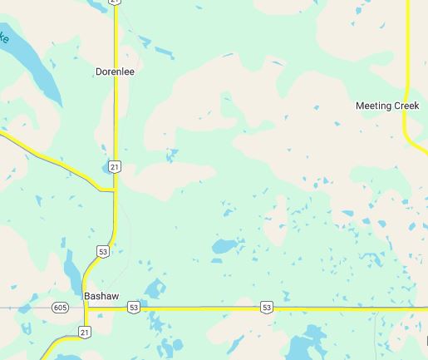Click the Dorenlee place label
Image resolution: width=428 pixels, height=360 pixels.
click(115, 72)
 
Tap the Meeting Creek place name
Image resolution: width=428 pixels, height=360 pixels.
click(386, 106)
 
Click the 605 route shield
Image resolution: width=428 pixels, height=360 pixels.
click(59, 308)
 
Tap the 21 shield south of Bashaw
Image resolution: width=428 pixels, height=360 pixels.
click(84, 332)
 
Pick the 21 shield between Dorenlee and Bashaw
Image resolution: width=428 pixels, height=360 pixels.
click(115, 167)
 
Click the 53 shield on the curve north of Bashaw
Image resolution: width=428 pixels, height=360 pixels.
click(103, 250)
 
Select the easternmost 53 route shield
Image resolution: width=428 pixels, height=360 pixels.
click(266, 308)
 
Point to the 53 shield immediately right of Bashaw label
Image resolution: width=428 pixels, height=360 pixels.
click(133, 308)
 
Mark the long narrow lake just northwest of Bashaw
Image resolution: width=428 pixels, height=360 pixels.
click(72, 270)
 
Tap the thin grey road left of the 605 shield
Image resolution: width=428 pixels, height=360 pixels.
click(25, 308)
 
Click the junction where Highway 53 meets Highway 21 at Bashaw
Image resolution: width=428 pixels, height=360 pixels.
click(86, 308)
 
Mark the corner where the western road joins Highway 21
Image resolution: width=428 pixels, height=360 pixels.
click(114, 191)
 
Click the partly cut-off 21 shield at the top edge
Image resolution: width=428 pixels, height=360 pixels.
click(115, 2)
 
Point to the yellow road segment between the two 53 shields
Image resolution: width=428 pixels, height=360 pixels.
click(199, 308)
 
